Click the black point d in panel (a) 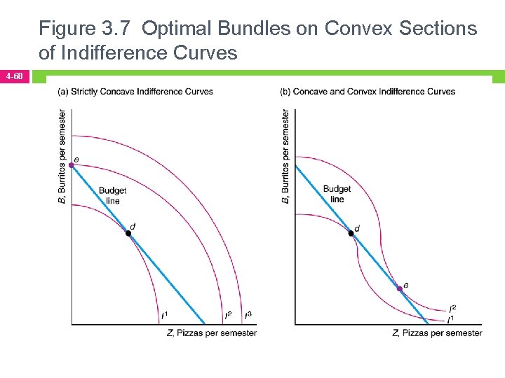(x=128, y=233)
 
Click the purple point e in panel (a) (x=72, y=165)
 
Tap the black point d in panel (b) (x=352, y=233)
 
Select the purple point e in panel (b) (x=400, y=288)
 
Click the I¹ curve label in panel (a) (x=164, y=316)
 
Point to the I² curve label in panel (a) (x=229, y=316)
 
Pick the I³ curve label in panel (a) (x=248, y=316)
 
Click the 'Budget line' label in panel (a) (x=113, y=195)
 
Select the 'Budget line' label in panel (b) (x=337, y=194)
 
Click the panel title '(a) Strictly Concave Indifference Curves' (x=135, y=92)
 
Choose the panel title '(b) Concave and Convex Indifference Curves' (x=368, y=92)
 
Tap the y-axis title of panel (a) (x=62, y=156)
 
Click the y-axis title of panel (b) (x=286, y=156)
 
